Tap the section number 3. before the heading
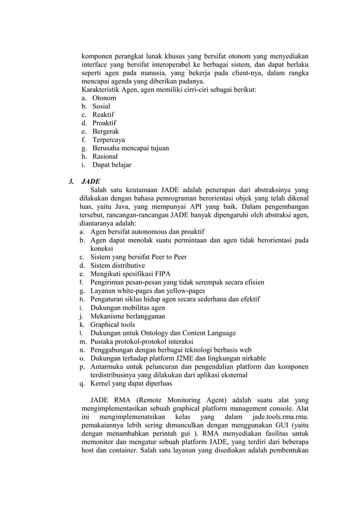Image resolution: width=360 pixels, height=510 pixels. point(71,182)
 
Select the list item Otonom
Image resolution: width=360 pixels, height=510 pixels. point(104,98)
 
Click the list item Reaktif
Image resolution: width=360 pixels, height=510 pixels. point(103,115)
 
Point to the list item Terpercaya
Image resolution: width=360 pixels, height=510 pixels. point(108,140)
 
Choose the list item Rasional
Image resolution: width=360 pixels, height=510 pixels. point(105,156)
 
